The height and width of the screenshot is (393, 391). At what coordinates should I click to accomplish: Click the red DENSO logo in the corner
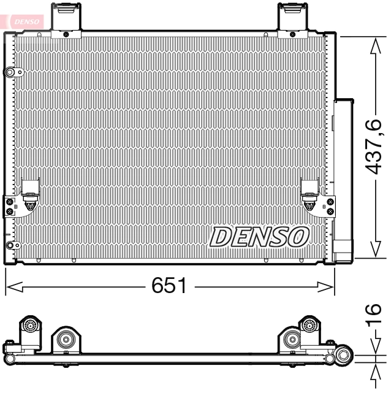25,20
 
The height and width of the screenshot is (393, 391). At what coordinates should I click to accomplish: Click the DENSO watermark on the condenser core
259,237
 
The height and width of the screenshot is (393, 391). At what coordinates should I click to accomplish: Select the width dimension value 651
169,285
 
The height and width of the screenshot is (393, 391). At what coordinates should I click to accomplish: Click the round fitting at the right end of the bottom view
344,355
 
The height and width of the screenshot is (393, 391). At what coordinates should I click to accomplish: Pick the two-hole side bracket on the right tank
330,205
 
